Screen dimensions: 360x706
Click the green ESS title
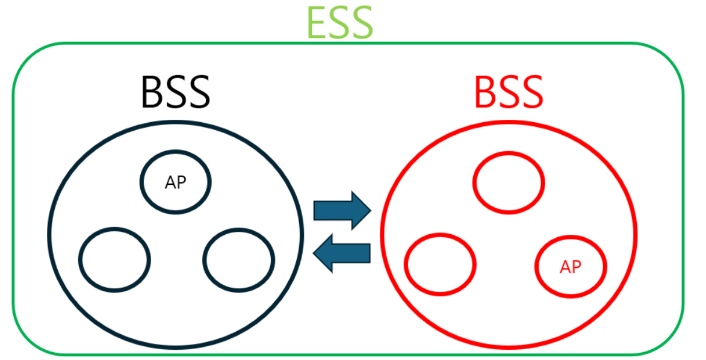pos(339,22)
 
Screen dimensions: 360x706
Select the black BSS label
pos(175,92)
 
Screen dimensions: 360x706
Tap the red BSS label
pos(509,92)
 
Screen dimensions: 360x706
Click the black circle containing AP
pos(176,182)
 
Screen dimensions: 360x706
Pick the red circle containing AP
pos(571,266)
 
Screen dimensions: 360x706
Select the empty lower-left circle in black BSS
pos(114,259)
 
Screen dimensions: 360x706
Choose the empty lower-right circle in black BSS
pos(239,259)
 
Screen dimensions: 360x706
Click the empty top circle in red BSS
pos(509,182)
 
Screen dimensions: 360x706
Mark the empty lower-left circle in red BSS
pos(440,265)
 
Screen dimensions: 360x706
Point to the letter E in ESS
pos(317,23)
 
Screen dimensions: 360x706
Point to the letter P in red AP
pos(577,266)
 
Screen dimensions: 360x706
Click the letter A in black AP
pos(170,182)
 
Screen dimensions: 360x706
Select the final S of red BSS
pos(531,92)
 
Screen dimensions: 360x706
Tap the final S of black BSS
pos(198,92)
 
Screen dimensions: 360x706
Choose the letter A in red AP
pos(565,266)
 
